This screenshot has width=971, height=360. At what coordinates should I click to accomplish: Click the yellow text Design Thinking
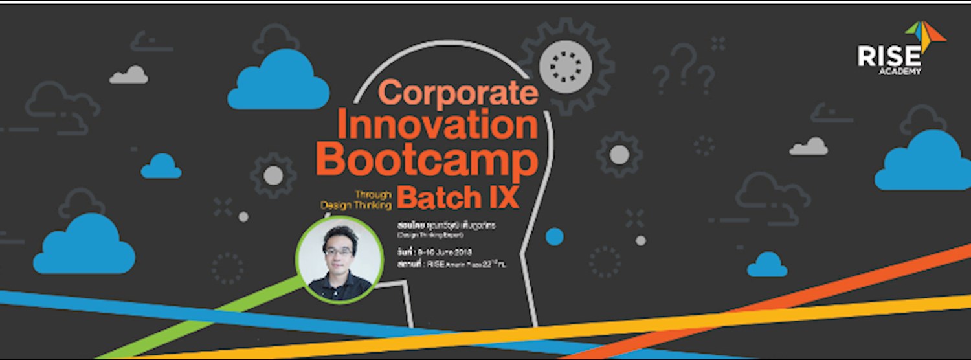[357, 205]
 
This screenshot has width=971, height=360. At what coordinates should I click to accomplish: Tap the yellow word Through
[374, 193]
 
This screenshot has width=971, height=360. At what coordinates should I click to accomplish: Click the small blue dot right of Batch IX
[554, 237]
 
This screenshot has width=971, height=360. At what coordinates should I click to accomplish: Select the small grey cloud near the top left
[129, 75]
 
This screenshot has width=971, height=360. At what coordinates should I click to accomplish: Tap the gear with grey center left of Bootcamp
[273, 174]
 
